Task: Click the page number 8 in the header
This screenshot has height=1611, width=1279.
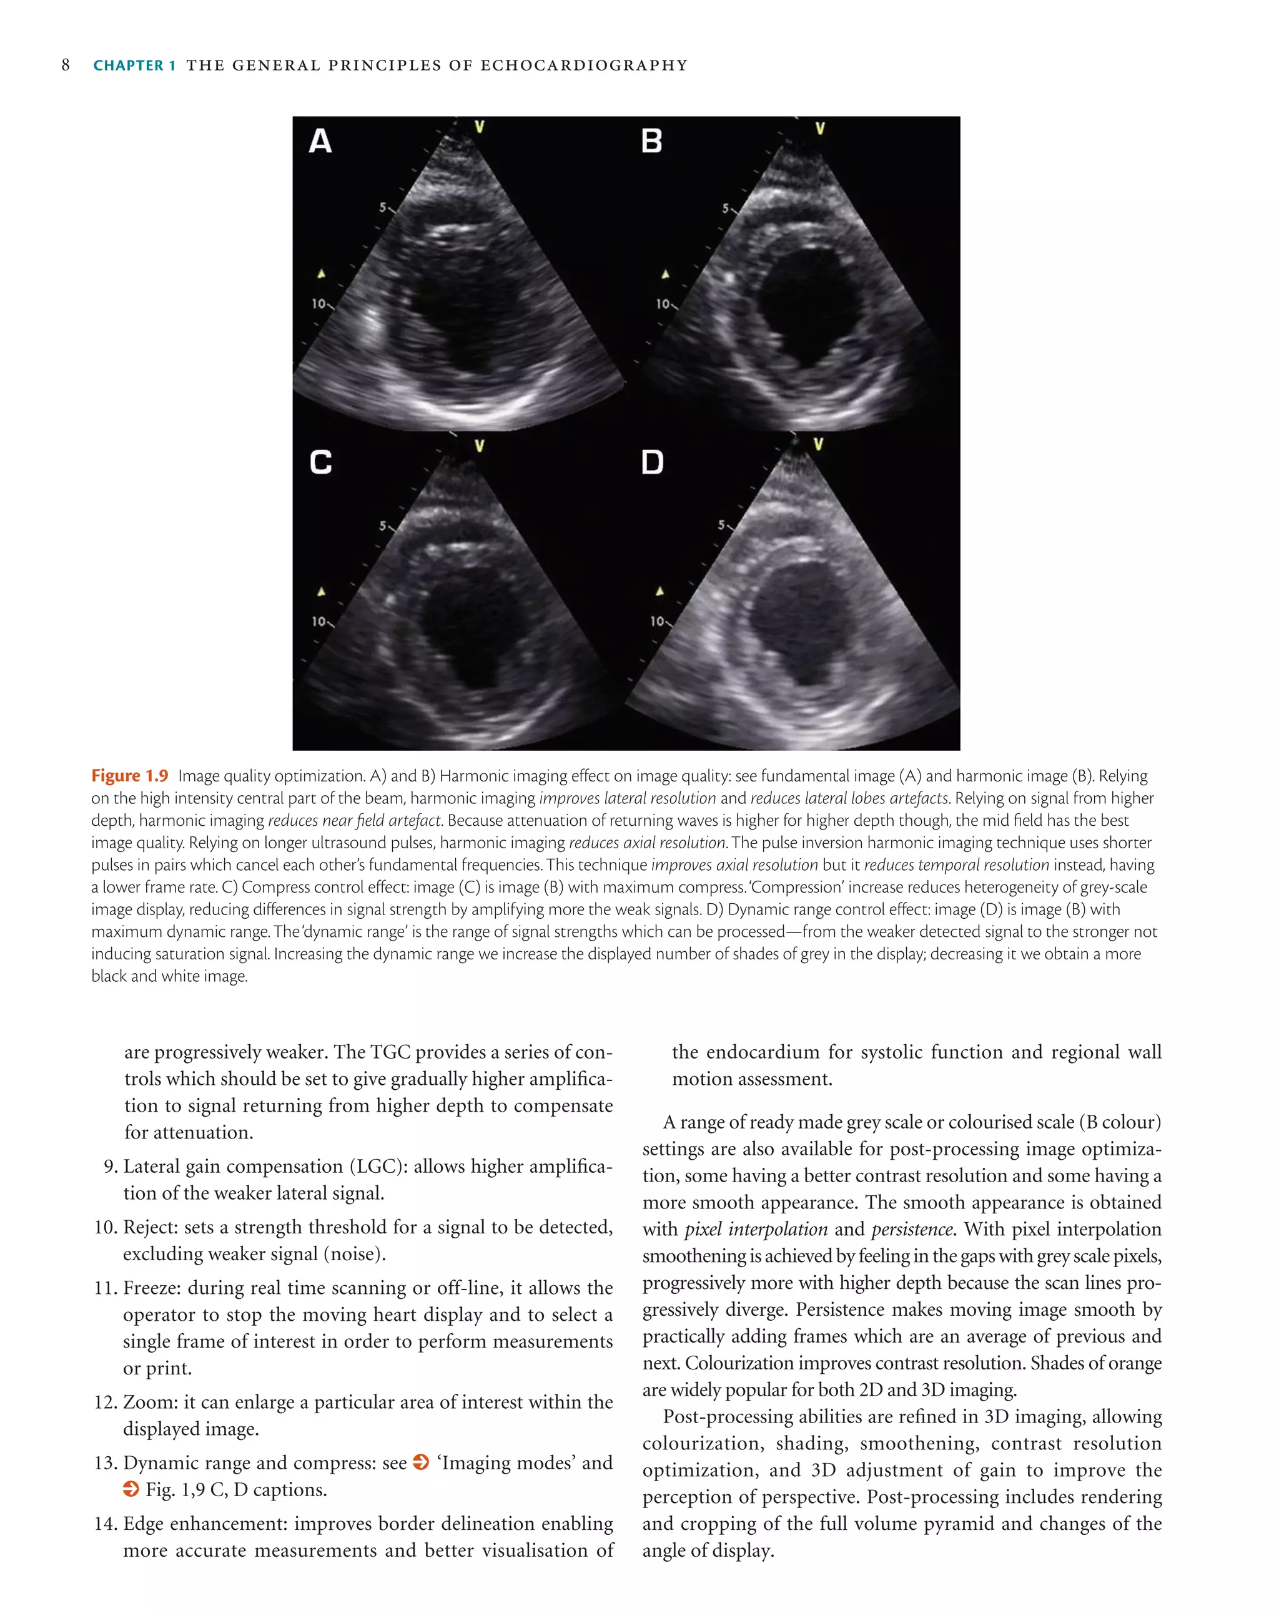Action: point(66,65)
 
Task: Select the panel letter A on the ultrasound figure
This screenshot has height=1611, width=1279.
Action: point(320,141)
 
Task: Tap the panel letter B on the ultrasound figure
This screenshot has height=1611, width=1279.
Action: point(652,141)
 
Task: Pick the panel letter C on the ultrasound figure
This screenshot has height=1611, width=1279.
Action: point(320,463)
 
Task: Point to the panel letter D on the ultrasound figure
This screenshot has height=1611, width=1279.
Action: point(653,463)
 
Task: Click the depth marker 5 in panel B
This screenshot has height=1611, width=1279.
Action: point(724,208)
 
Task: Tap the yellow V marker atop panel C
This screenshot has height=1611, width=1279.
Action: point(479,446)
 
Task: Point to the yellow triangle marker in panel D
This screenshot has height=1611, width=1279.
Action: point(659,592)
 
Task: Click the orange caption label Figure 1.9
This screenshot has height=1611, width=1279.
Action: point(129,776)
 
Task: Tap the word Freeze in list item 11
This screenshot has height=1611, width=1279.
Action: point(152,1288)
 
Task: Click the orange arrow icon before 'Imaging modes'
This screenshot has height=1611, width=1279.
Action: point(421,1462)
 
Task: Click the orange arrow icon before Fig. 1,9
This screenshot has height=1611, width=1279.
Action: point(131,1489)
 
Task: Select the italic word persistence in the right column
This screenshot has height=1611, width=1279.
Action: point(912,1229)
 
